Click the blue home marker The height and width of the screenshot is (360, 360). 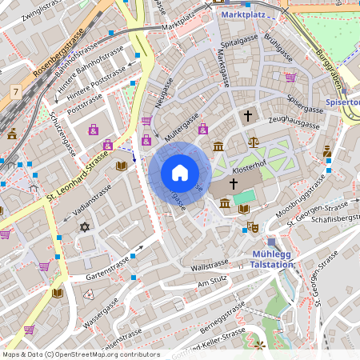pyautogui.click(x=179, y=173)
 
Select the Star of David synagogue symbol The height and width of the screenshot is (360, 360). pyautogui.click(x=85, y=227)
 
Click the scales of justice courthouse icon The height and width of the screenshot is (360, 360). pyautogui.click(x=254, y=142)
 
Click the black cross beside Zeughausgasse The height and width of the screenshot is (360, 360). pyautogui.click(x=247, y=117)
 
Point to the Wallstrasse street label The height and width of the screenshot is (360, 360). pyautogui.click(x=211, y=263)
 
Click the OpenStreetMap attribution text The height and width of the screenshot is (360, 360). pyautogui.click(x=81, y=354)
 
